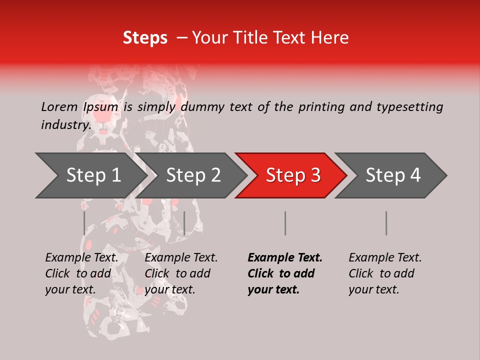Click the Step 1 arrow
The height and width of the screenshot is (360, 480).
pyautogui.click(x=93, y=175)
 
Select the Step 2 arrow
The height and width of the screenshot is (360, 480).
pyautogui.click(x=193, y=175)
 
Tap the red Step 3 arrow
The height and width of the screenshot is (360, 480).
pyautogui.click(x=293, y=175)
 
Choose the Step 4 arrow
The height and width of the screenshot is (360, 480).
pyautogui.click(x=393, y=175)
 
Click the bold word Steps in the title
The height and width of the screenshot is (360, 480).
pyautogui.click(x=145, y=38)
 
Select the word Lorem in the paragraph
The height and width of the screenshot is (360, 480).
pyautogui.click(x=59, y=106)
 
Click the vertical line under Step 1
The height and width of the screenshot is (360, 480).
pyautogui.click(x=84, y=223)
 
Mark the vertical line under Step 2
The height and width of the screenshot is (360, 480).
pyautogui.click(x=184, y=223)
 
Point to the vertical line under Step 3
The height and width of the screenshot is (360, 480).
pyautogui.click(x=285, y=223)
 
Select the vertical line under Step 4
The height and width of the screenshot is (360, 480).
pyautogui.click(x=386, y=223)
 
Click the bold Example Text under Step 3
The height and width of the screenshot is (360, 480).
pyautogui.click(x=285, y=258)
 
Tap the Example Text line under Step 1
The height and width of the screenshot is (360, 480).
pyautogui.click(x=82, y=258)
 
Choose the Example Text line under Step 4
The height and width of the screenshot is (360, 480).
pyautogui.click(x=385, y=258)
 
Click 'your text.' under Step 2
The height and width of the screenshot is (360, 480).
pyautogui.click(x=170, y=289)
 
